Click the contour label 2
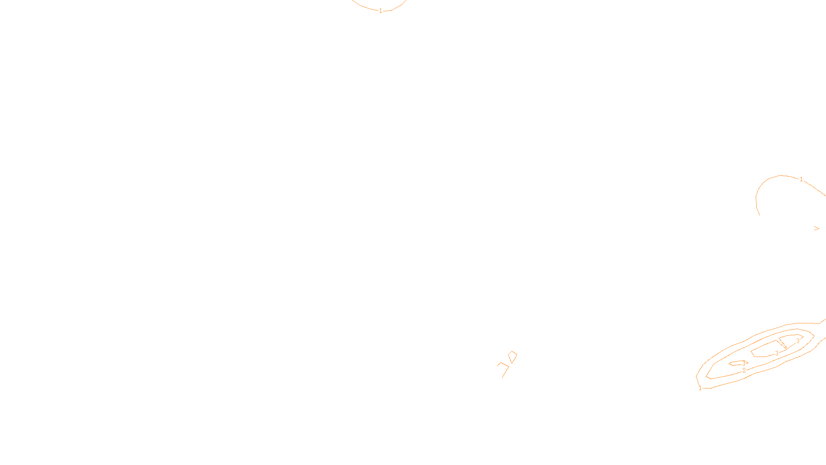[744, 370]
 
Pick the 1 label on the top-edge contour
[380, 11]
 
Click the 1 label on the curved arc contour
[801, 179]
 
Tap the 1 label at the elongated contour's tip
[700, 388]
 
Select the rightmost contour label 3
[798, 341]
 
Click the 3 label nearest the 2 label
[743, 363]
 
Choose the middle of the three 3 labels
[776, 353]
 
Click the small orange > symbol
[817, 228]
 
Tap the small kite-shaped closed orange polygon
[512, 357]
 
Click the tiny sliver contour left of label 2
[735, 363]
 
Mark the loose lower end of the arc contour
[759, 214]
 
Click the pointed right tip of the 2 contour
[814, 336]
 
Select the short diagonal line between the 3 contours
[783, 343]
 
